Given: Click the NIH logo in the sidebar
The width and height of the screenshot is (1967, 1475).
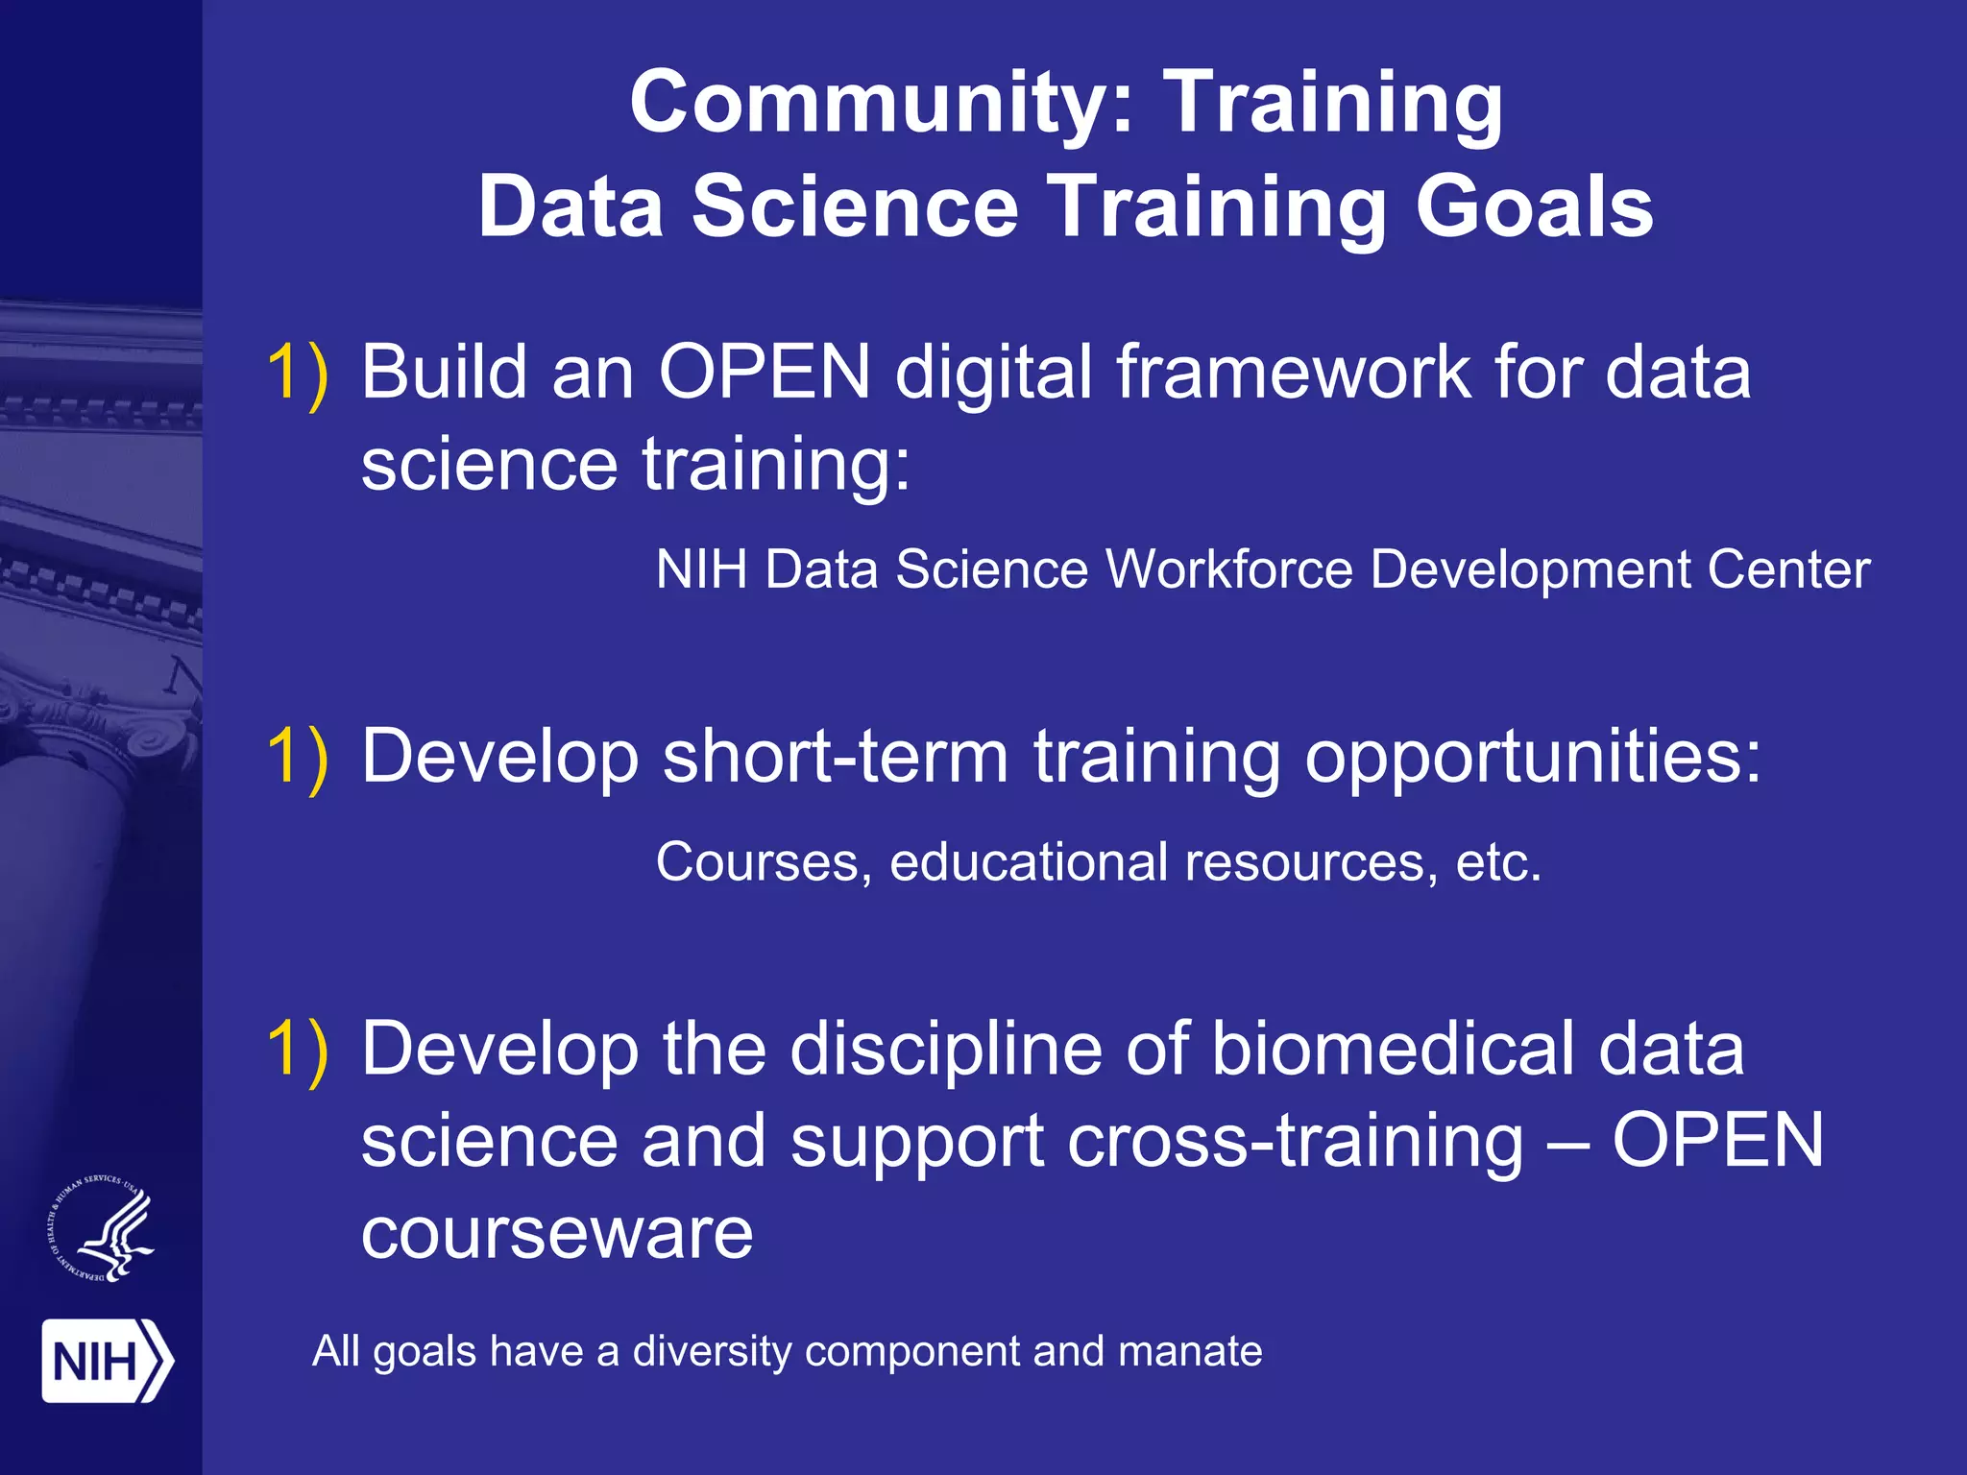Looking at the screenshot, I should [x=107, y=1361].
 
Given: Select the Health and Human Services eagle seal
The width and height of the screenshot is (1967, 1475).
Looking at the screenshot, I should [x=102, y=1229].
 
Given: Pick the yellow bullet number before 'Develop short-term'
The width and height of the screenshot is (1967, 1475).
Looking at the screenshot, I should [x=297, y=757].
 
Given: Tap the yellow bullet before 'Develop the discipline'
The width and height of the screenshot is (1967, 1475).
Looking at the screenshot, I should [x=297, y=1049].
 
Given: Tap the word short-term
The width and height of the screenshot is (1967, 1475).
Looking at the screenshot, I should [x=836, y=757].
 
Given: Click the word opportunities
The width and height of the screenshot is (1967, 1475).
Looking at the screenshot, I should [x=1533, y=759].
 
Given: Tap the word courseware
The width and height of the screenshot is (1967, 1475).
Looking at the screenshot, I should [x=557, y=1233].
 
